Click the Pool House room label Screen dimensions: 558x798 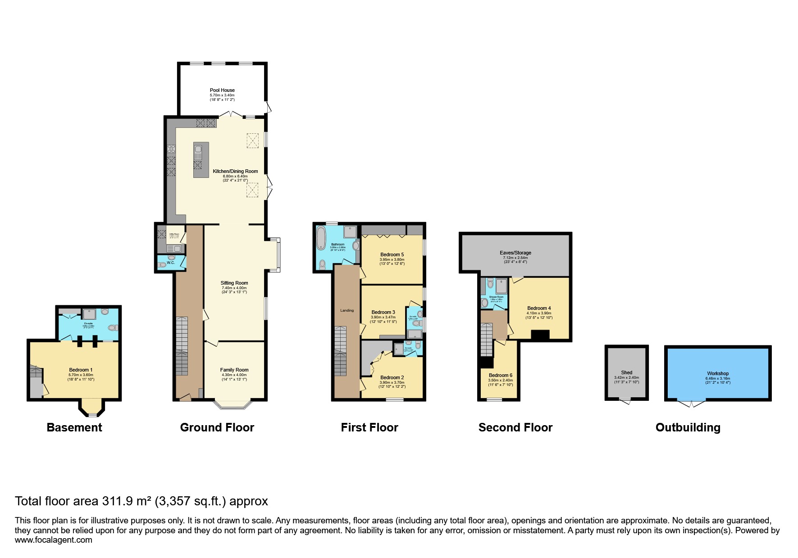(x=222, y=90)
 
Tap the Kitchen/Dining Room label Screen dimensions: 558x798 (x=235, y=171)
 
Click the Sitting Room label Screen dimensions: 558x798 (x=234, y=283)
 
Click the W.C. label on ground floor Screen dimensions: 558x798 (x=171, y=262)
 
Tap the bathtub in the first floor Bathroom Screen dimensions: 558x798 (x=321, y=238)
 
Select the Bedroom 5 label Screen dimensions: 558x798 (x=392, y=254)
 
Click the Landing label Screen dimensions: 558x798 (x=347, y=310)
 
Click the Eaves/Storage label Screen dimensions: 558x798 (x=515, y=253)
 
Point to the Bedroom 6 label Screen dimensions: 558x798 (x=500, y=375)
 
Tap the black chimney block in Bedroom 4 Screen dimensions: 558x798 (x=540, y=335)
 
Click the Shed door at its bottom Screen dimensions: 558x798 (x=625, y=401)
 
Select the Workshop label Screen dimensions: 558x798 (x=718, y=373)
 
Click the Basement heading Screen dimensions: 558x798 (x=74, y=427)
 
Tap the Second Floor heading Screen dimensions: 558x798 (x=515, y=427)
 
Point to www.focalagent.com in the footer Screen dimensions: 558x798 (x=54, y=540)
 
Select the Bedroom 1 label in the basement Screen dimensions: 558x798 (x=81, y=370)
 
